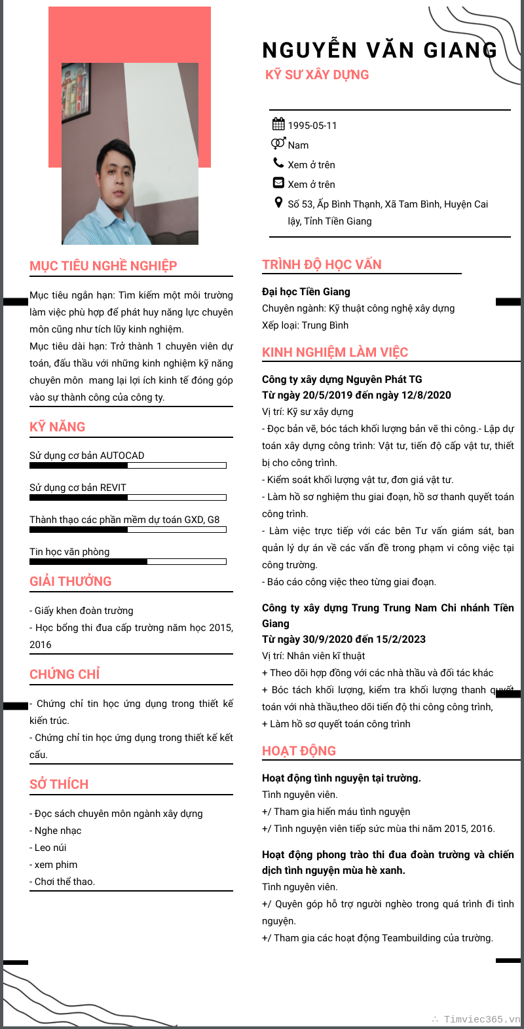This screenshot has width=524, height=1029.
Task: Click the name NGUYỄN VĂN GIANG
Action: point(379,50)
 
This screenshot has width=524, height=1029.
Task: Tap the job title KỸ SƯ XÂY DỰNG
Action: point(317,75)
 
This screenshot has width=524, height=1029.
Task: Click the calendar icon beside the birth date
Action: point(278,124)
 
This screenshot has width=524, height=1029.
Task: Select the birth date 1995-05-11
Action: point(312,126)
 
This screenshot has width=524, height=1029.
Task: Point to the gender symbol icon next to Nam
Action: point(278,144)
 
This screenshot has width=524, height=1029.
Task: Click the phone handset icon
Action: point(278,163)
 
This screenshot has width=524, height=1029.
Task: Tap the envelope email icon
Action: point(278,183)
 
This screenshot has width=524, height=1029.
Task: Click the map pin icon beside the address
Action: point(278,203)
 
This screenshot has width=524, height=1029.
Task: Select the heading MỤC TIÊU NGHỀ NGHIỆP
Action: point(103,266)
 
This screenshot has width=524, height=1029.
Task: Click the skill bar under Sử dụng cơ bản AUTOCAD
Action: point(128,465)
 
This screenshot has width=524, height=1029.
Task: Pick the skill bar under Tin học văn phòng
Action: point(128,562)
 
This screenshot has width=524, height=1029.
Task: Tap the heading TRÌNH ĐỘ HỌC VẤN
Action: point(322,264)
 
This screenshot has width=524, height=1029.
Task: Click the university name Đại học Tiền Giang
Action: point(306,292)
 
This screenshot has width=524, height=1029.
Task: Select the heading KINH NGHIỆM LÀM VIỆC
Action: point(335,352)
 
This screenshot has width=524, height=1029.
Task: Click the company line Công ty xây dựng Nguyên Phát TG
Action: point(342,380)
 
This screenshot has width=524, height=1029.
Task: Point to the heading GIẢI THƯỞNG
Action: point(71,581)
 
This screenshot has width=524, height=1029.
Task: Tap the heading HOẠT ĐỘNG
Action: point(299,751)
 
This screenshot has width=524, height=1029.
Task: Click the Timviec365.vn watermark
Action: point(481,1019)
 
